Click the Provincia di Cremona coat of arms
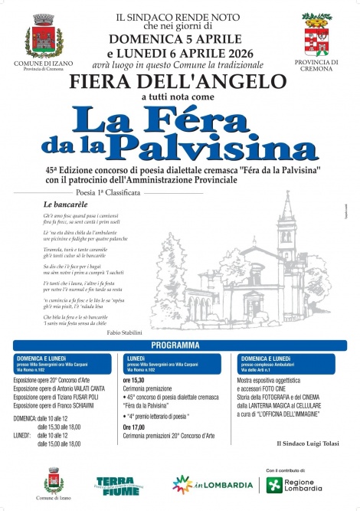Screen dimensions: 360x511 (316, 32)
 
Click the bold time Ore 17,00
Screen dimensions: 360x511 (135, 427)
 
